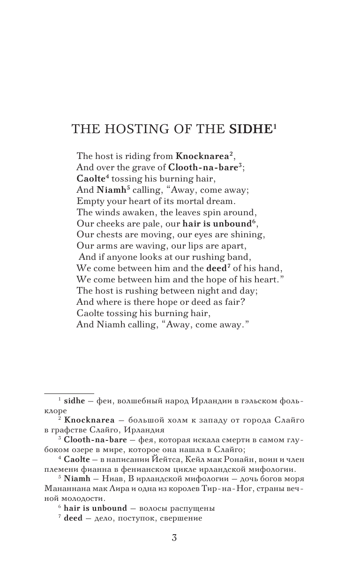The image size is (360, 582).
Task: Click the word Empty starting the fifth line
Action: pyautogui.click(x=88, y=201)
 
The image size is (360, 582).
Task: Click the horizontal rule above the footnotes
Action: pyautogui.click(x=69, y=393)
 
